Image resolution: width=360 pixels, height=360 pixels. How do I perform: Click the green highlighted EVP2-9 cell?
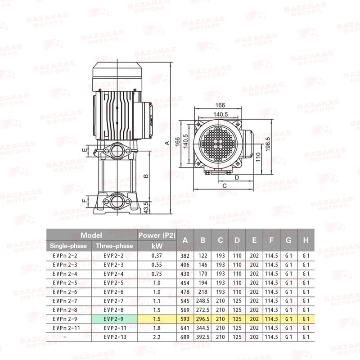pyautogui.click(x=114, y=319)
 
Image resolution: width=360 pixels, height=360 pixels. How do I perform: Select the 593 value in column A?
pyautogui.click(x=185, y=319)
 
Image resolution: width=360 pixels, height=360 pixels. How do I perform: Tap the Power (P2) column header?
pyautogui.click(x=157, y=235)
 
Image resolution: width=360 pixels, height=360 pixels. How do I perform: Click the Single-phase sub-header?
pyautogui.click(x=68, y=246)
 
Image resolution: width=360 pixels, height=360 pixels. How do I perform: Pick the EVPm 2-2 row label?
pyautogui.click(x=65, y=256)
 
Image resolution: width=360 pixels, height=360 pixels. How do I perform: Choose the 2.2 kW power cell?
pyautogui.click(x=157, y=337)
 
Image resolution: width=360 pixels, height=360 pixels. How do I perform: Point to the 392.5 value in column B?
pyautogui.click(x=203, y=337)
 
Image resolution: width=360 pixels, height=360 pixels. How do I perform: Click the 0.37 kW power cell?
pyautogui.click(x=157, y=256)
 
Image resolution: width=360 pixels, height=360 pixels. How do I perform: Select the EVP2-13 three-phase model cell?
pyautogui.click(x=115, y=337)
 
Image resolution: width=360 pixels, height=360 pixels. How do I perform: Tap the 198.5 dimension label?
pyautogui.click(x=268, y=144)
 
